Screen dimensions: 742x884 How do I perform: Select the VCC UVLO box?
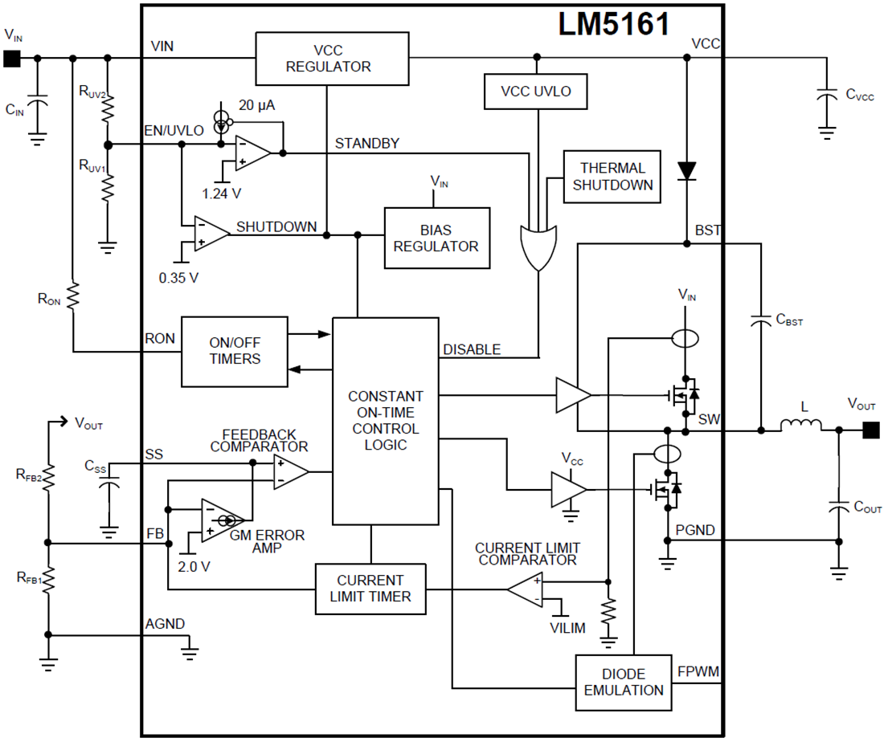(x=536, y=91)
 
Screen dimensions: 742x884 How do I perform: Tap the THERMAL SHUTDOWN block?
(x=612, y=177)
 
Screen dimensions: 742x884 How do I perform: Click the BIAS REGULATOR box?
(x=436, y=238)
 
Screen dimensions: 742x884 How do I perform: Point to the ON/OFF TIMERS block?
(x=235, y=351)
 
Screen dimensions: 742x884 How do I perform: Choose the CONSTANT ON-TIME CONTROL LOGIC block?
(x=385, y=421)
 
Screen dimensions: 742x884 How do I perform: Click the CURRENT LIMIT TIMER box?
(x=370, y=589)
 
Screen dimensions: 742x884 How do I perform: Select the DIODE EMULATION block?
(x=624, y=683)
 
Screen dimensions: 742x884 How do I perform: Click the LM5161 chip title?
(x=614, y=25)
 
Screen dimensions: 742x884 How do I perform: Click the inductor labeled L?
(x=800, y=426)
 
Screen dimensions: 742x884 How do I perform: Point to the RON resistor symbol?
(x=72, y=297)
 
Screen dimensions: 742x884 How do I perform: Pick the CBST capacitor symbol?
(x=759, y=321)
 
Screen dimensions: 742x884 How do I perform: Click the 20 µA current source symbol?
(x=222, y=120)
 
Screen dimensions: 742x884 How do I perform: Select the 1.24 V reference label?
(x=223, y=194)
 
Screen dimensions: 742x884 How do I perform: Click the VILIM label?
(x=567, y=627)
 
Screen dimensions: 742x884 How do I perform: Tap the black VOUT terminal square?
(x=870, y=431)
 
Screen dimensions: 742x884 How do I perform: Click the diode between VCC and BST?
(x=686, y=169)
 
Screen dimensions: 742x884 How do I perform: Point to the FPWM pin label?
(x=698, y=671)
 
